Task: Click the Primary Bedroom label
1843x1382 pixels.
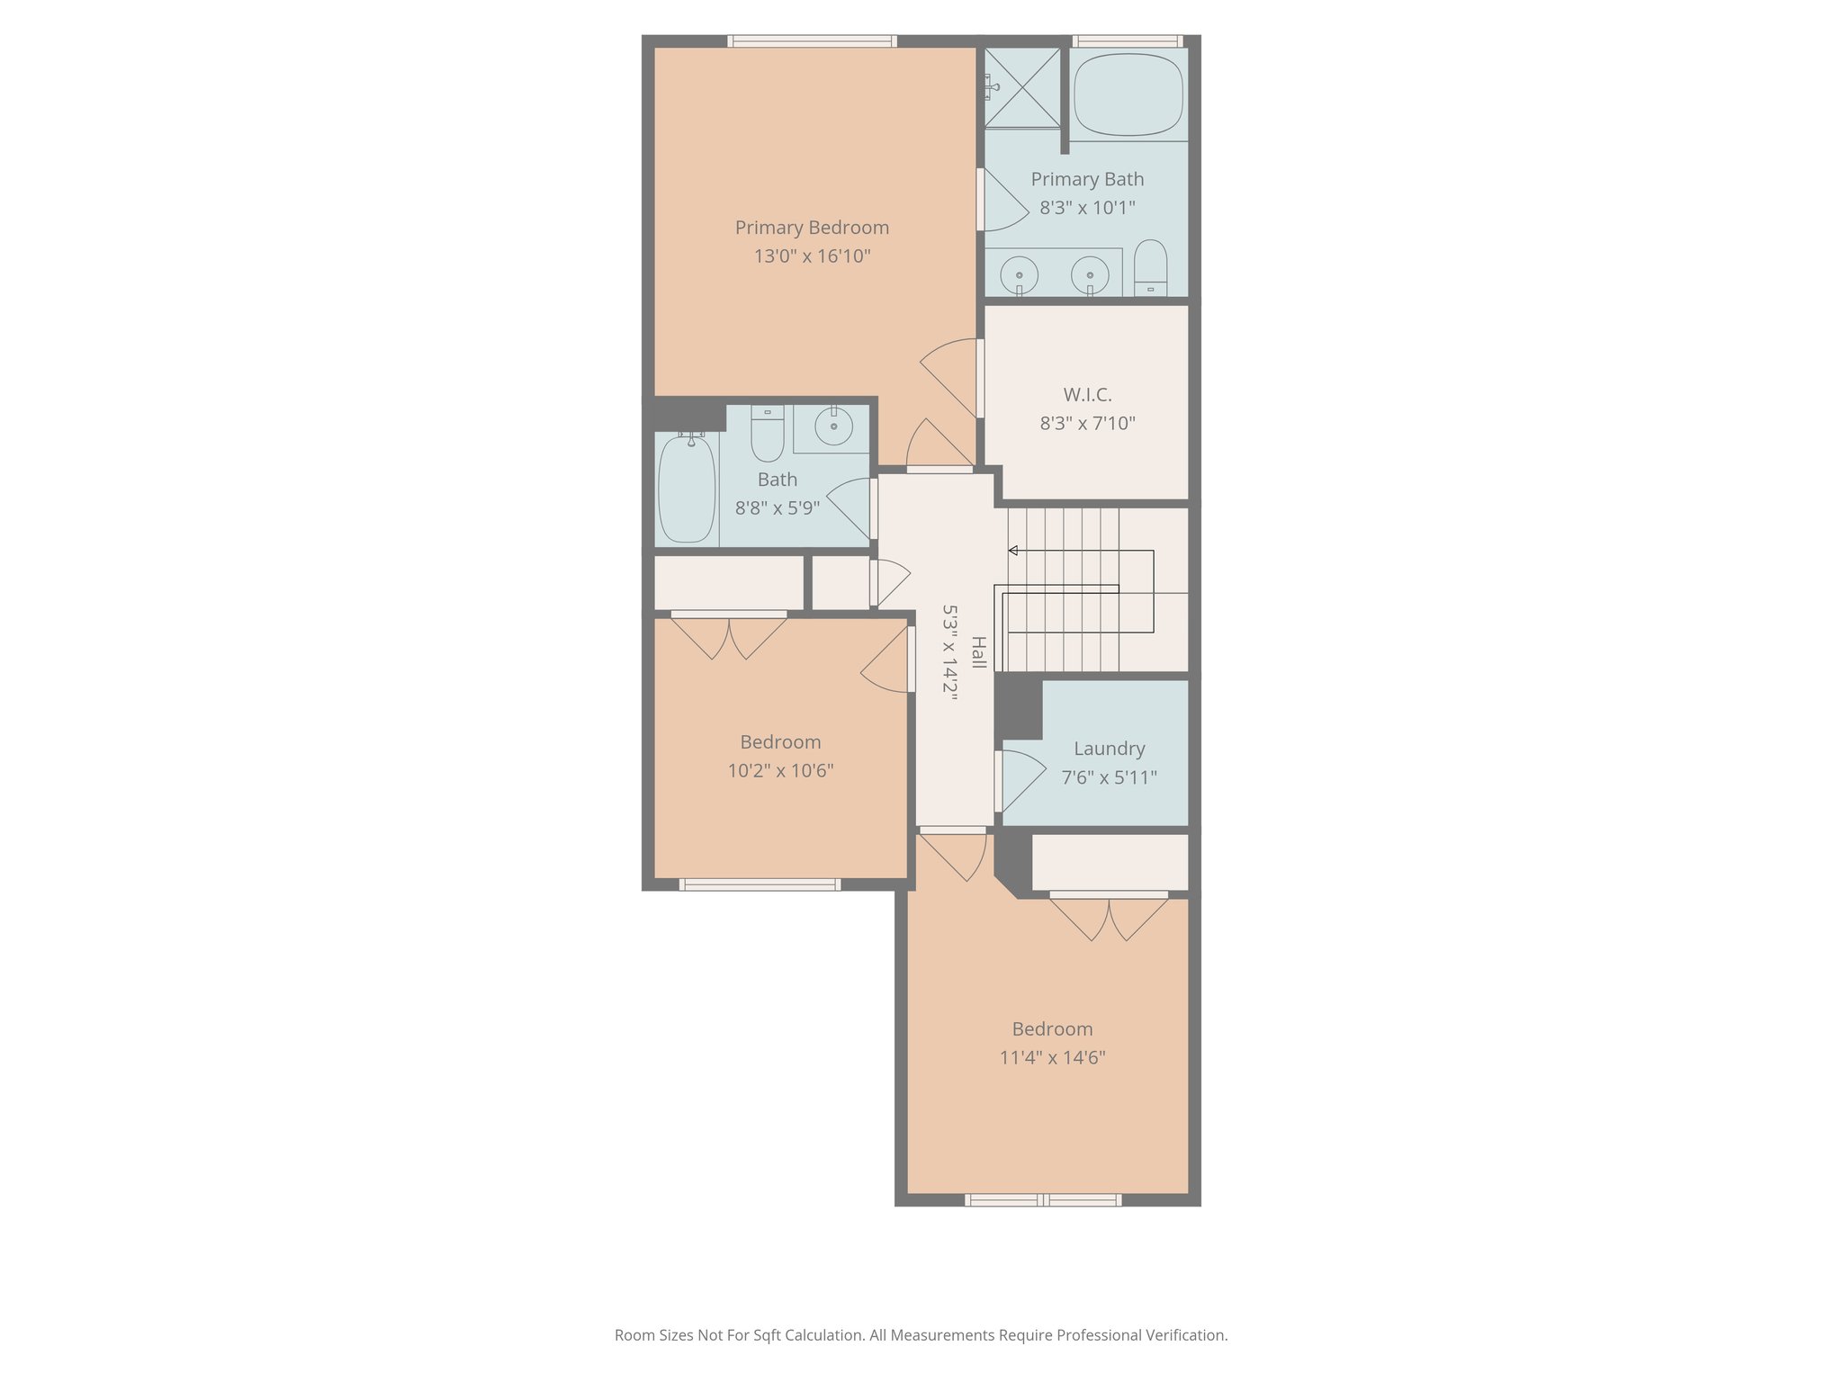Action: point(812,228)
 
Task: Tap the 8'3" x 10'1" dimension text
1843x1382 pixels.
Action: point(1087,208)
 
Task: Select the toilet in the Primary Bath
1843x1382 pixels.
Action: point(1150,268)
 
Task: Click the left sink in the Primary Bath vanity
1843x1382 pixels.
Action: point(1020,272)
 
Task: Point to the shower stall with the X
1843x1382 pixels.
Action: point(1021,87)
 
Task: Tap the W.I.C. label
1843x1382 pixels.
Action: point(1087,395)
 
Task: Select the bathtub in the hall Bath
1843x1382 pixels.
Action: point(687,489)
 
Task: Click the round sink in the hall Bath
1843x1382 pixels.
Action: point(833,426)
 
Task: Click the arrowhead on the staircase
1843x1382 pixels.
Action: point(1012,551)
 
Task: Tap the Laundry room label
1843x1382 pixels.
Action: point(1109,749)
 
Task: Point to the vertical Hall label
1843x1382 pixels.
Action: point(978,652)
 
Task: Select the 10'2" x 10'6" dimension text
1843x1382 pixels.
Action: point(780,771)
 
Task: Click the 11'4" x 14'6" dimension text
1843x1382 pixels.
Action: point(1052,1058)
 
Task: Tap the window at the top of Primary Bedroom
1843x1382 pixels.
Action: point(812,40)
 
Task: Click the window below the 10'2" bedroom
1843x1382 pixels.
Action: point(760,885)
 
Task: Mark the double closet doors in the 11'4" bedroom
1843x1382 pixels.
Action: point(1109,918)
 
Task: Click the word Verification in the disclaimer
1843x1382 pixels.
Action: point(1186,1335)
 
